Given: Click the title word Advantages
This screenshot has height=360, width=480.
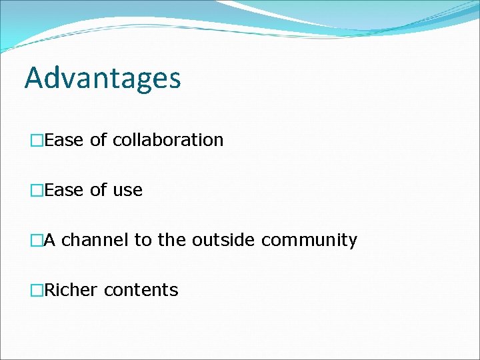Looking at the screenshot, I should point(103,78).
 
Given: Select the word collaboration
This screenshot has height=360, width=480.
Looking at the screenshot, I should point(168,140).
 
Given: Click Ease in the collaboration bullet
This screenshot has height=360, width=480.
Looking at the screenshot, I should point(65,140).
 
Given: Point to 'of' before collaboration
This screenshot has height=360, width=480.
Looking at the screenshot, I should point(98,140).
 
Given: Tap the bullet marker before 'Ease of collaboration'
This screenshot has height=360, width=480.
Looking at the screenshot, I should point(37,141).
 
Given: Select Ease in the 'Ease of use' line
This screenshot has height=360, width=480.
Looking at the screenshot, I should point(65,190).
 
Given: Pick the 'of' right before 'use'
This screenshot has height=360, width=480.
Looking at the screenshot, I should point(98,190).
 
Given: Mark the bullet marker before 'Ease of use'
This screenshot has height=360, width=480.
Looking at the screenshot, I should point(37,191).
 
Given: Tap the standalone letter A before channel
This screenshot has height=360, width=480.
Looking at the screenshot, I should point(50,240).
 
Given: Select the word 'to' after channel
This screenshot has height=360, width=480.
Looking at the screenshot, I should point(143,240).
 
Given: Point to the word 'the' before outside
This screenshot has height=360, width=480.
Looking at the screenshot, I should point(172,240).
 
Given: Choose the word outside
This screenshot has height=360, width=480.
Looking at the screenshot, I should point(223,240).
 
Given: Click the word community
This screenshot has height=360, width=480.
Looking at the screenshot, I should point(309,241).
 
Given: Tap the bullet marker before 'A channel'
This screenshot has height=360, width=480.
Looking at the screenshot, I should point(37,241).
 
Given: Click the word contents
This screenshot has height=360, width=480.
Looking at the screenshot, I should point(141,291).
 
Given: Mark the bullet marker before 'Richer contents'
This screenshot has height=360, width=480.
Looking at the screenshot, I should point(37,291).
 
